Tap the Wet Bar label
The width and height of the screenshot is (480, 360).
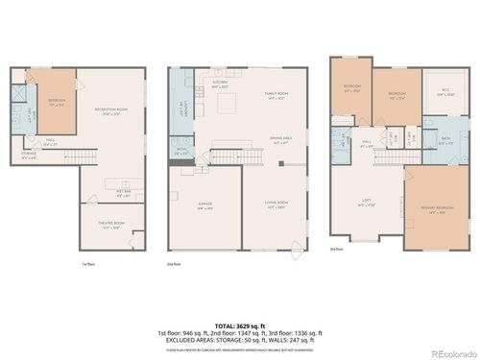tap(124, 192)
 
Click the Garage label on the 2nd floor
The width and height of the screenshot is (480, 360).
tap(204, 205)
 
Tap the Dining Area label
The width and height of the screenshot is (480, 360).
tap(281, 139)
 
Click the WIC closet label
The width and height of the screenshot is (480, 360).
tap(445, 95)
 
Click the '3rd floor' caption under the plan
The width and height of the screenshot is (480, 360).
tap(336, 249)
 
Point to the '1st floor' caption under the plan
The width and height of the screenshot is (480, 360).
tap(88, 262)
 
